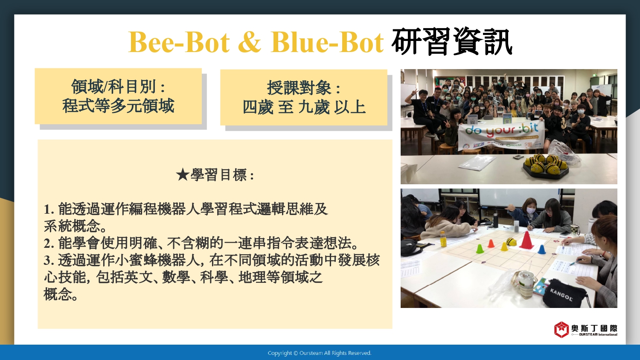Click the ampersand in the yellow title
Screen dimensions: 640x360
(x=249, y=42)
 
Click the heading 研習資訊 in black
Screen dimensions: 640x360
(x=452, y=42)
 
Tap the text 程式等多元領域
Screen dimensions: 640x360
(x=118, y=106)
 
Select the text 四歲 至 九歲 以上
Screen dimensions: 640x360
(x=304, y=107)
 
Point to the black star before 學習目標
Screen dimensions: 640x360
(x=182, y=174)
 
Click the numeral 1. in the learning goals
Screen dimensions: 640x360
(x=49, y=209)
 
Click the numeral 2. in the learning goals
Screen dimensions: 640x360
(x=49, y=244)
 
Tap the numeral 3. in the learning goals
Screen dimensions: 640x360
(x=49, y=260)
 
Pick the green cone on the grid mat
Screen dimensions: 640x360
(x=480, y=249)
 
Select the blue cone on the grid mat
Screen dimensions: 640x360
(x=541, y=249)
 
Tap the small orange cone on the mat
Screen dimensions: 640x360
(x=491, y=243)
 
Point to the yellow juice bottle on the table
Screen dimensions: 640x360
(x=443, y=239)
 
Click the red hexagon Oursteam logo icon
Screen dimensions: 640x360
(x=561, y=329)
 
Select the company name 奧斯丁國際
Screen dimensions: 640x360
(x=594, y=328)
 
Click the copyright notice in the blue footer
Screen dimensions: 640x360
(x=320, y=353)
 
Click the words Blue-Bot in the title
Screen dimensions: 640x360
(x=327, y=42)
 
